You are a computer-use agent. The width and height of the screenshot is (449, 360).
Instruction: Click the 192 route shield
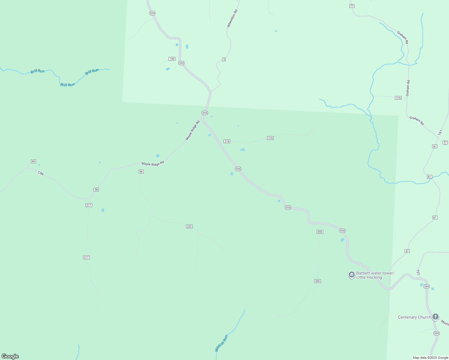(172, 59)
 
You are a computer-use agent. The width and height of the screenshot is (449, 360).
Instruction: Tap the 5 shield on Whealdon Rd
(224, 59)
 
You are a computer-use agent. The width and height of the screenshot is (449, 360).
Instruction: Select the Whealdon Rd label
(232, 19)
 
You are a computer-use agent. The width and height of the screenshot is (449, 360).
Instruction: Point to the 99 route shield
(33, 161)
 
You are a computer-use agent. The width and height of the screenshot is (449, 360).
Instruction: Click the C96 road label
(41, 173)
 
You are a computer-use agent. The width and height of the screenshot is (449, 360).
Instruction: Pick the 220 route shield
(189, 226)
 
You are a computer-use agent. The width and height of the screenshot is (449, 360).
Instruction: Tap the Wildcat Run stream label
(221, 343)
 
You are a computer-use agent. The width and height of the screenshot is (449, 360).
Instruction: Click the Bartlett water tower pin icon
(351, 275)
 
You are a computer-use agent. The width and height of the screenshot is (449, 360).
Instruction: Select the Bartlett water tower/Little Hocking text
(375, 275)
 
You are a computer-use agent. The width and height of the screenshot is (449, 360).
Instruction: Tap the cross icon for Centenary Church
(435, 316)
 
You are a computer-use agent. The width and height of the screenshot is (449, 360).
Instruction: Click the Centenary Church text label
(414, 317)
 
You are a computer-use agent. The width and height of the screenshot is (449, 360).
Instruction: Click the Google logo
(10, 356)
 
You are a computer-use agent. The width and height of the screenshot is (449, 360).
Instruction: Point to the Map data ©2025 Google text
(430, 358)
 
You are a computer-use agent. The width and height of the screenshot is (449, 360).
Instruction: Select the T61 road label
(440, 133)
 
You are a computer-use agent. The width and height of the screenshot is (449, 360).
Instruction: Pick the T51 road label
(418, 272)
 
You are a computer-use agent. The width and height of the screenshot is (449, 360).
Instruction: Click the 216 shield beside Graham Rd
(398, 98)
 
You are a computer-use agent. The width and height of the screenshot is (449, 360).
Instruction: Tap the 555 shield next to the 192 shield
(181, 63)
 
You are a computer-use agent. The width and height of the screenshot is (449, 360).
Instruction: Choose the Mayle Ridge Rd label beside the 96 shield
(153, 163)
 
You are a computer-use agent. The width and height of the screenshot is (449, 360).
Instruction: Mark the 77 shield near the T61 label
(445, 143)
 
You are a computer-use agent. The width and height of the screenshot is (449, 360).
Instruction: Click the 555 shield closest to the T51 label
(427, 286)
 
